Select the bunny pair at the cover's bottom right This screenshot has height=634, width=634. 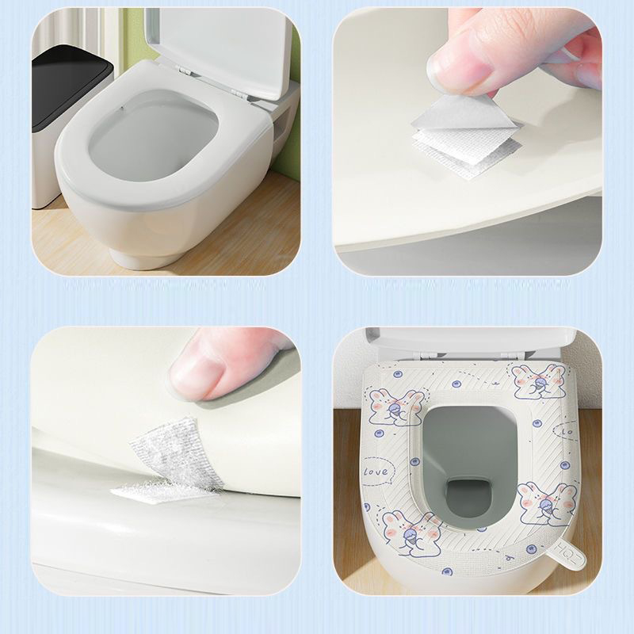coord(548,504)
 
